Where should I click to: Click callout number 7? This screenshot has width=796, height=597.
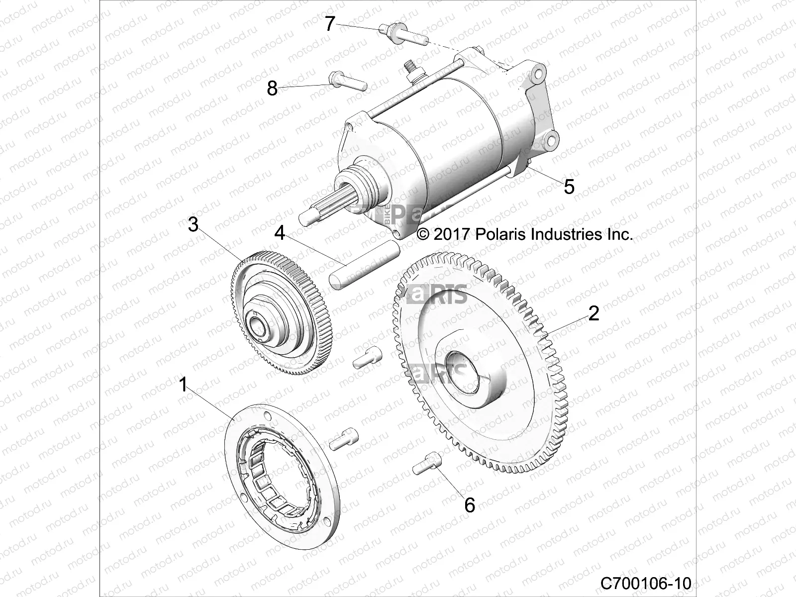pyautogui.click(x=330, y=23)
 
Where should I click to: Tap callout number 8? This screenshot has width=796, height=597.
pyautogui.click(x=272, y=89)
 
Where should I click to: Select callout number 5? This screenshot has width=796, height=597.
pyautogui.click(x=569, y=187)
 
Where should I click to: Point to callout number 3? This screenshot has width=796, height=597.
pyautogui.click(x=193, y=224)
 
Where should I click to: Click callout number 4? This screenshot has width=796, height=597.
pyautogui.click(x=280, y=232)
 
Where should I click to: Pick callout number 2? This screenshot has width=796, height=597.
pyautogui.click(x=594, y=313)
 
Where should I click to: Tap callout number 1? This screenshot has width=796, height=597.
pyautogui.click(x=183, y=384)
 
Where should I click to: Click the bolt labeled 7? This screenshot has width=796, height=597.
pyautogui.click(x=403, y=35)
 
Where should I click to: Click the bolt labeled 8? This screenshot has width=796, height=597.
pyautogui.click(x=348, y=81)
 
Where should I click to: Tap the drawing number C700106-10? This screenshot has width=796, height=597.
pyautogui.click(x=645, y=583)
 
